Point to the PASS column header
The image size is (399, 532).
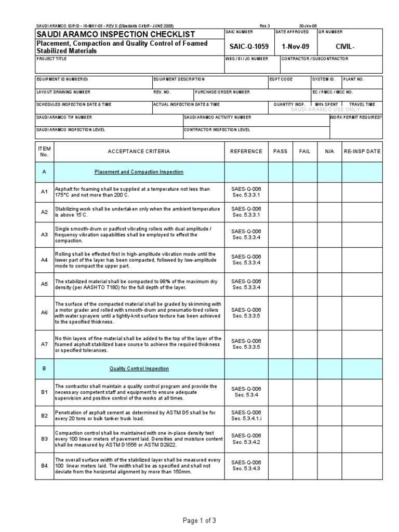[x=280, y=152]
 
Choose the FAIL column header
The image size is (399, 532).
[x=304, y=152]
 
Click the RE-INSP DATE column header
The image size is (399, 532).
[x=362, y=152]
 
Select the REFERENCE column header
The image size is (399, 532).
[x=247, y=152]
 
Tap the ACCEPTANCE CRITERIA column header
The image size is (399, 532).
[x=138, y=152]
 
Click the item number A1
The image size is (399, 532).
[x=44, y=192]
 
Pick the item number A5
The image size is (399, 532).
[x=44, y=284]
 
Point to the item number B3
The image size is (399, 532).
[x=44, y=439]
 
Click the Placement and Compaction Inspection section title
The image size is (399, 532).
[x=138, y=172]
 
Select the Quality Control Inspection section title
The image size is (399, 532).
[x=138, y=368]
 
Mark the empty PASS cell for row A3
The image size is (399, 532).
[x=280, y=234]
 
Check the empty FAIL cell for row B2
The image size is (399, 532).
[x=304, y=416]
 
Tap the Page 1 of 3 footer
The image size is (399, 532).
[x=199, y=520]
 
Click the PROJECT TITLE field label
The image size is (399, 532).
[x=52, y=59]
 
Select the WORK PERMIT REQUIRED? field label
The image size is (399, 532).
[x=356, y=117]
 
